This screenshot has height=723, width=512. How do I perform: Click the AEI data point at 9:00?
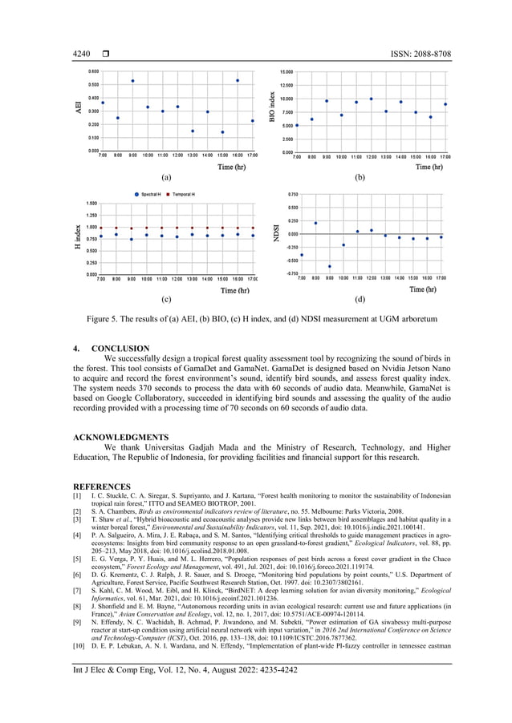[x=132, y=81]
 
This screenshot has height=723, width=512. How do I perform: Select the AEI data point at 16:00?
[x=238, y=80]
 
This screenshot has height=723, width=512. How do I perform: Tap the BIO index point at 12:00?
[x=371, y=99]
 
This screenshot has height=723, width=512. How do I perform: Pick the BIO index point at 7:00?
[x=297, y=125]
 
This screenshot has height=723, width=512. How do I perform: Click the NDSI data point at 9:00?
[x=329, y=266]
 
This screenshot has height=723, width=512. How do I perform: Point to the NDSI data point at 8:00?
[x=315, y=223]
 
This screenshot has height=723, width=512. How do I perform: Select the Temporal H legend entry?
[x=184, y=195]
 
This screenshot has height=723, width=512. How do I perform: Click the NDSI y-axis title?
[x=277, y=233]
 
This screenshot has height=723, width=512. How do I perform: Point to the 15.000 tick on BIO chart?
[x=285, y=71]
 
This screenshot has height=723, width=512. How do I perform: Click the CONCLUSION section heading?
[x=120, y=349]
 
